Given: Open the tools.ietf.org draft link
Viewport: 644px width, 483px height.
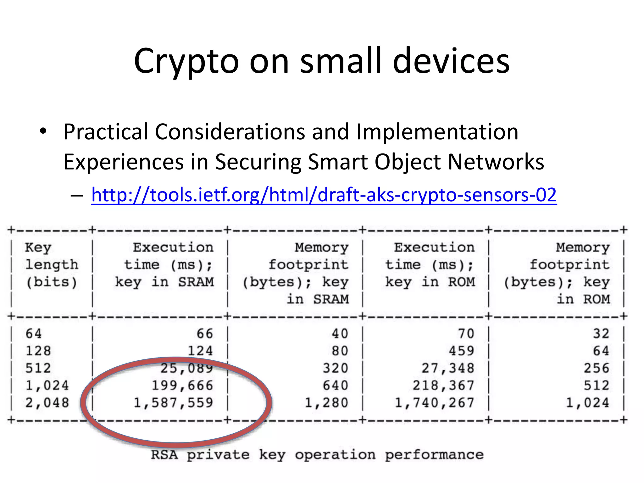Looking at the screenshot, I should tap(324, 195).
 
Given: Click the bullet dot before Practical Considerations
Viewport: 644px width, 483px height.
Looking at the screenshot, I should tap(43, 131).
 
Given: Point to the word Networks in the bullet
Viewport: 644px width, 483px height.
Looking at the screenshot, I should tap(496, 162).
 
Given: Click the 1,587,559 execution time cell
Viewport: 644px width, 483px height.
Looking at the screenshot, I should tap(174, 403).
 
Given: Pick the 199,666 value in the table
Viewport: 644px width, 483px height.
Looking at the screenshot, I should tap(182, 386).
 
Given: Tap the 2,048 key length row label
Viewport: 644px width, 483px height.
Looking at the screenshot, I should tap(47, 403).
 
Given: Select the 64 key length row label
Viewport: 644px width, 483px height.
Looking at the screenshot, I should tap(34, 334).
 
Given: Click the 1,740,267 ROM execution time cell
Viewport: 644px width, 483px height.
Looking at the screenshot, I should tap(434, 403).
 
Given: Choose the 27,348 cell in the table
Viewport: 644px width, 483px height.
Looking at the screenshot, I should tap(448, 368).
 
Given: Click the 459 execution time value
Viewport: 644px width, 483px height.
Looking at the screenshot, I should tap(461, 351).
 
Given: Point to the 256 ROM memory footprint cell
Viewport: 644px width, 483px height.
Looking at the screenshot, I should tap(597, 368).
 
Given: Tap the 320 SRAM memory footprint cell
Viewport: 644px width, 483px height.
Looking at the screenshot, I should tap(336, 368).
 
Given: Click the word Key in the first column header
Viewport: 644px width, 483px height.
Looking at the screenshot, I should tap(38, 248).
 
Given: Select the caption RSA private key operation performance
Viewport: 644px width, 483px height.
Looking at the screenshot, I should tap(317, 455).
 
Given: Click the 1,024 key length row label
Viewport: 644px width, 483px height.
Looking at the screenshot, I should tap(47, 386).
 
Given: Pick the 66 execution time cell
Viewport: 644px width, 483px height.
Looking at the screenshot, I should tap(205, 334).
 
